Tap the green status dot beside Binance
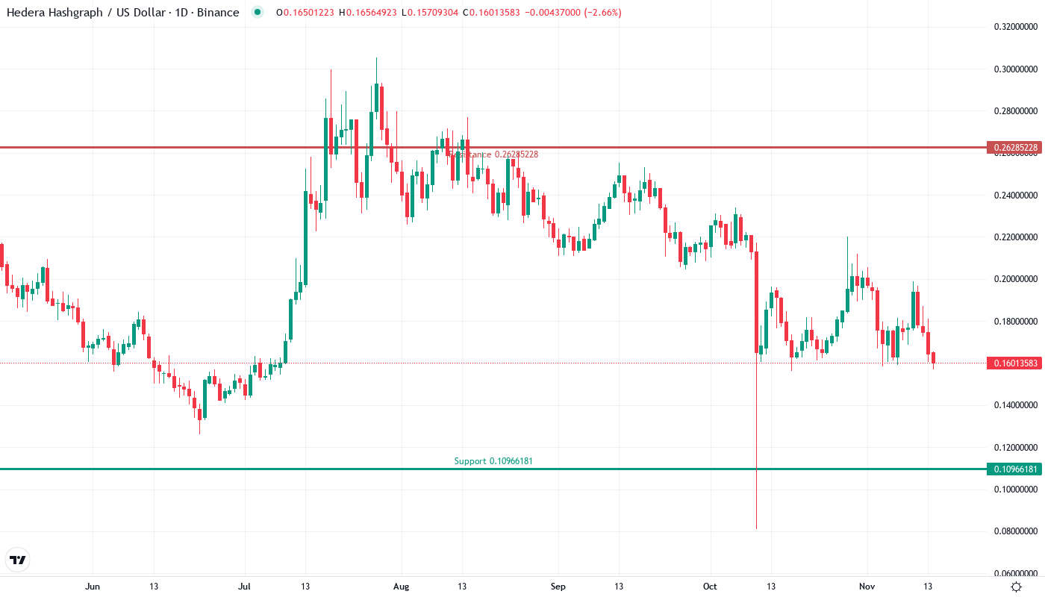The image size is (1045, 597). (x=258, y=13)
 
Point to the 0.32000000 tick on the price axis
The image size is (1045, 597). (x=1015, y=27)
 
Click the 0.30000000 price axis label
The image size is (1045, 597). (x=1015, y=69)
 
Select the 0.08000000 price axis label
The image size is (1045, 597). (x=1015, y=531)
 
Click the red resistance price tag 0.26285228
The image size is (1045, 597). (x=1014, y=148)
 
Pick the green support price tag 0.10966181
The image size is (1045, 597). (x=1014, y=469)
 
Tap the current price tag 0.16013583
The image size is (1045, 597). (x=1014, y=363)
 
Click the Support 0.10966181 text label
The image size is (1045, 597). (x=493, y=461)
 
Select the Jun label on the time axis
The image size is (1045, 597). (x=93, y=587)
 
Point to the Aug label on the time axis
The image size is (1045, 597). (x=401, y=587)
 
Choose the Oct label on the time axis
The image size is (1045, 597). (x=710, y=587)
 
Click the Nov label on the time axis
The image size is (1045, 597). (x=866, y=587)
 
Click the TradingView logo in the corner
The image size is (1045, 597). (x=17, y=560)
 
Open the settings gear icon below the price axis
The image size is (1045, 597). (x=1016, y=587)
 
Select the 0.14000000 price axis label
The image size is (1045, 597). (x=1015, y=405)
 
